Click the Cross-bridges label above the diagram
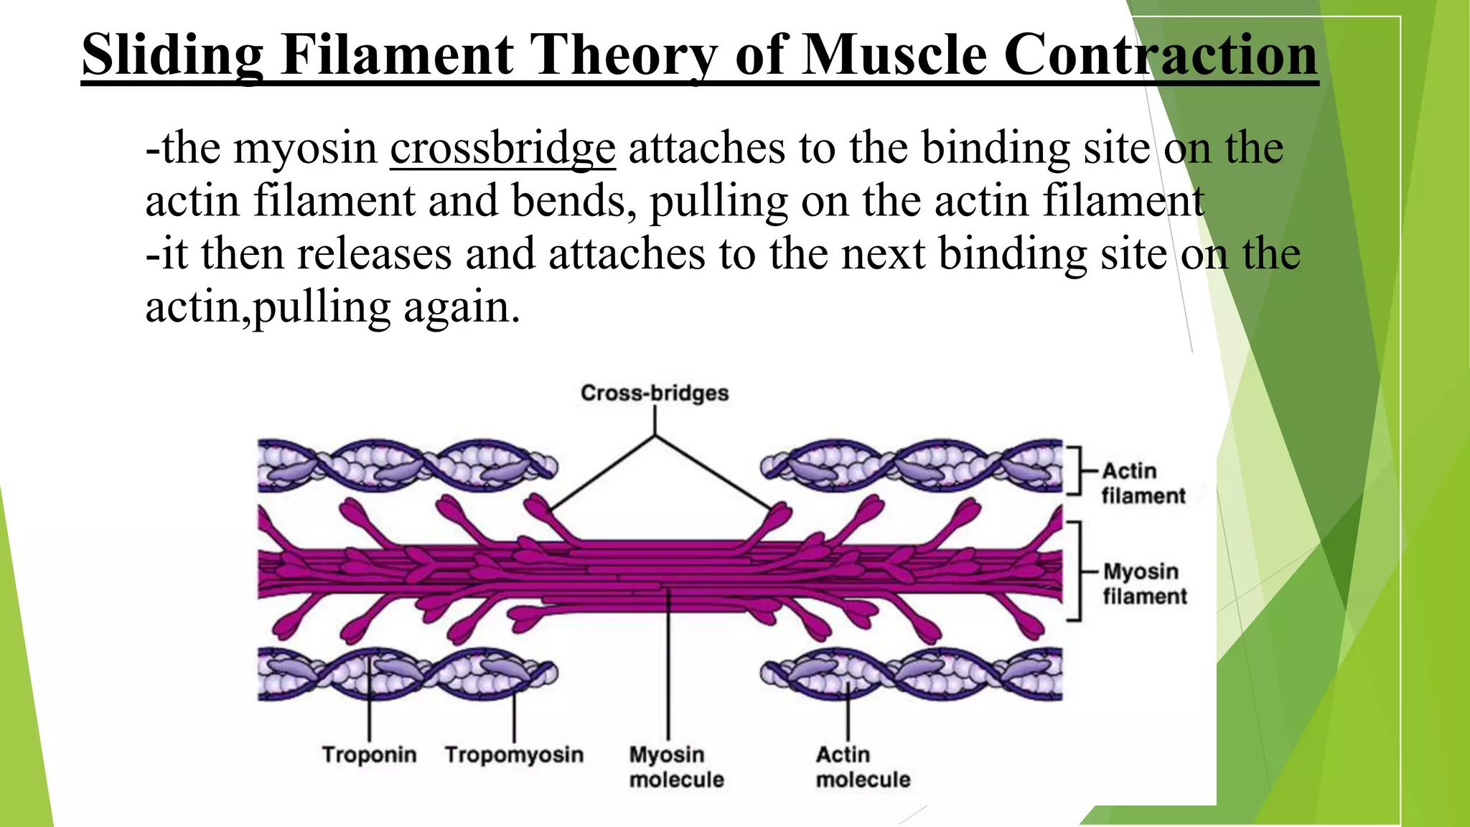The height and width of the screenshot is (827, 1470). point(654,393)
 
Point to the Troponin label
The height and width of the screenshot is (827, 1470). point(369,754)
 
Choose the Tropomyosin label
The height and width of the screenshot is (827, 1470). point(514,754)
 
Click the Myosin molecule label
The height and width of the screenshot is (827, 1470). point(676,767)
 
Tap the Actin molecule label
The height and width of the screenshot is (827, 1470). point(863,767)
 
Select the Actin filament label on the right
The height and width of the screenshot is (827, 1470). point(1143,483)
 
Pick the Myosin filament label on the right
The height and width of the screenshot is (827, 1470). point(1144,584)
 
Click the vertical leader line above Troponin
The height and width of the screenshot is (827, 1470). point(369,704)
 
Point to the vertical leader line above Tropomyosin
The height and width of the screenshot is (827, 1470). point(514,711)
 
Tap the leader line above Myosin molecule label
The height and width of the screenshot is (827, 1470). point(668,668)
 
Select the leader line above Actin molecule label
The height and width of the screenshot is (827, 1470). point(848,714)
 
